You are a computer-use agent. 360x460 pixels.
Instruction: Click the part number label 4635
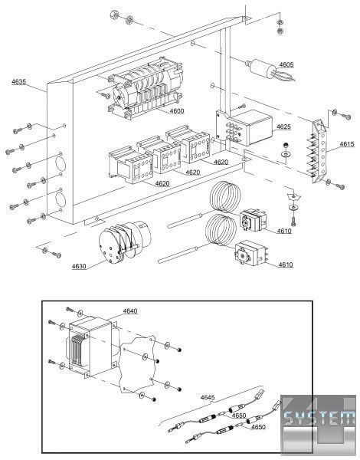click(18, 81)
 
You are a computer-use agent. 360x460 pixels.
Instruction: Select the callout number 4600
click(177, 110)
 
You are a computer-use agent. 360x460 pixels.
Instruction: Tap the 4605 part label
click(286, 64)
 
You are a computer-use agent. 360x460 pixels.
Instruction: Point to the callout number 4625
click(283, 127)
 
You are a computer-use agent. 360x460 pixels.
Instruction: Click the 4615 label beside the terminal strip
click(347, 144)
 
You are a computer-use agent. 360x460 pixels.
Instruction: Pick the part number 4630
click(79, 266)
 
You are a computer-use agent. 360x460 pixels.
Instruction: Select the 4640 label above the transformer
click(130, 310)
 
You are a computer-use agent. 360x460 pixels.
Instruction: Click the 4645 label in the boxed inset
click(208, 397)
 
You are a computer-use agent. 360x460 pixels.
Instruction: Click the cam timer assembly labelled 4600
click(146, 87)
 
